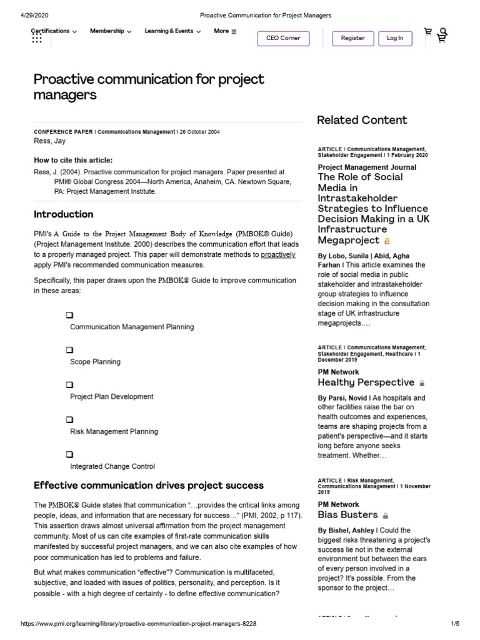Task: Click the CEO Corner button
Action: pos(283,38)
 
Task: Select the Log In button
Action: pos(395,38)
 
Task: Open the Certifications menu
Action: pos(54,31)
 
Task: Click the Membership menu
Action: pos(111,31)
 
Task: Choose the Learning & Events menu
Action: pos(172,31)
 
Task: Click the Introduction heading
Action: pos(63,214)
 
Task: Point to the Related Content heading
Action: pos(362,120)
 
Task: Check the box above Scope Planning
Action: pos(69,350)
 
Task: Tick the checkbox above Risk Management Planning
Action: pos(69,419)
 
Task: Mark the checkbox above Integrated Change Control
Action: pos(69,454)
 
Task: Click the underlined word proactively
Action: pos(278,255)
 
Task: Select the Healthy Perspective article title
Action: pos(366,382)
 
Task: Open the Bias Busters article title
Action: pos(347,515)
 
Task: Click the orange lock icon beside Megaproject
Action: pos(387,241)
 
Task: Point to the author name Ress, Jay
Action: pos(49,141)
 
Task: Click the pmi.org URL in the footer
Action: pos(138,624)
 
